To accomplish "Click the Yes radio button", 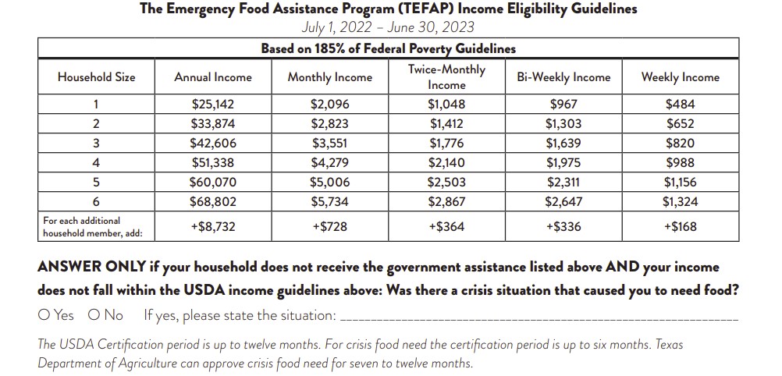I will pos(44,315).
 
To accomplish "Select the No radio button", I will pos(94,315).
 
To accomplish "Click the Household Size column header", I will pos(96,77).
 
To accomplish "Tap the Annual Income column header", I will pos(213,77).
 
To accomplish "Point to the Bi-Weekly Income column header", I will pos(563,77).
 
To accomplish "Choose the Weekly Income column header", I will pos(680,77).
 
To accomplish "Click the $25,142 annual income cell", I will pos(213,105).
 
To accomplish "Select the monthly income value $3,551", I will pos(329,144).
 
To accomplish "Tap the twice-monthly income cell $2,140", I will pos(446,163).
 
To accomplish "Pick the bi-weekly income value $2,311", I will pos(563,183).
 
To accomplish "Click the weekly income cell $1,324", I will pos(680,202).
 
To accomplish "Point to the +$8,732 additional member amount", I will pos(213,227).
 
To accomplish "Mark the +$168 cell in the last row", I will pos(680,227).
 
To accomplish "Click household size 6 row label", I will pos(96,202).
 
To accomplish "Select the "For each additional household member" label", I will pos(87,227).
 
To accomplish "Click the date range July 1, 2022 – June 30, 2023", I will pos(388,27).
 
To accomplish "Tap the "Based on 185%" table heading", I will pos(388,48).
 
